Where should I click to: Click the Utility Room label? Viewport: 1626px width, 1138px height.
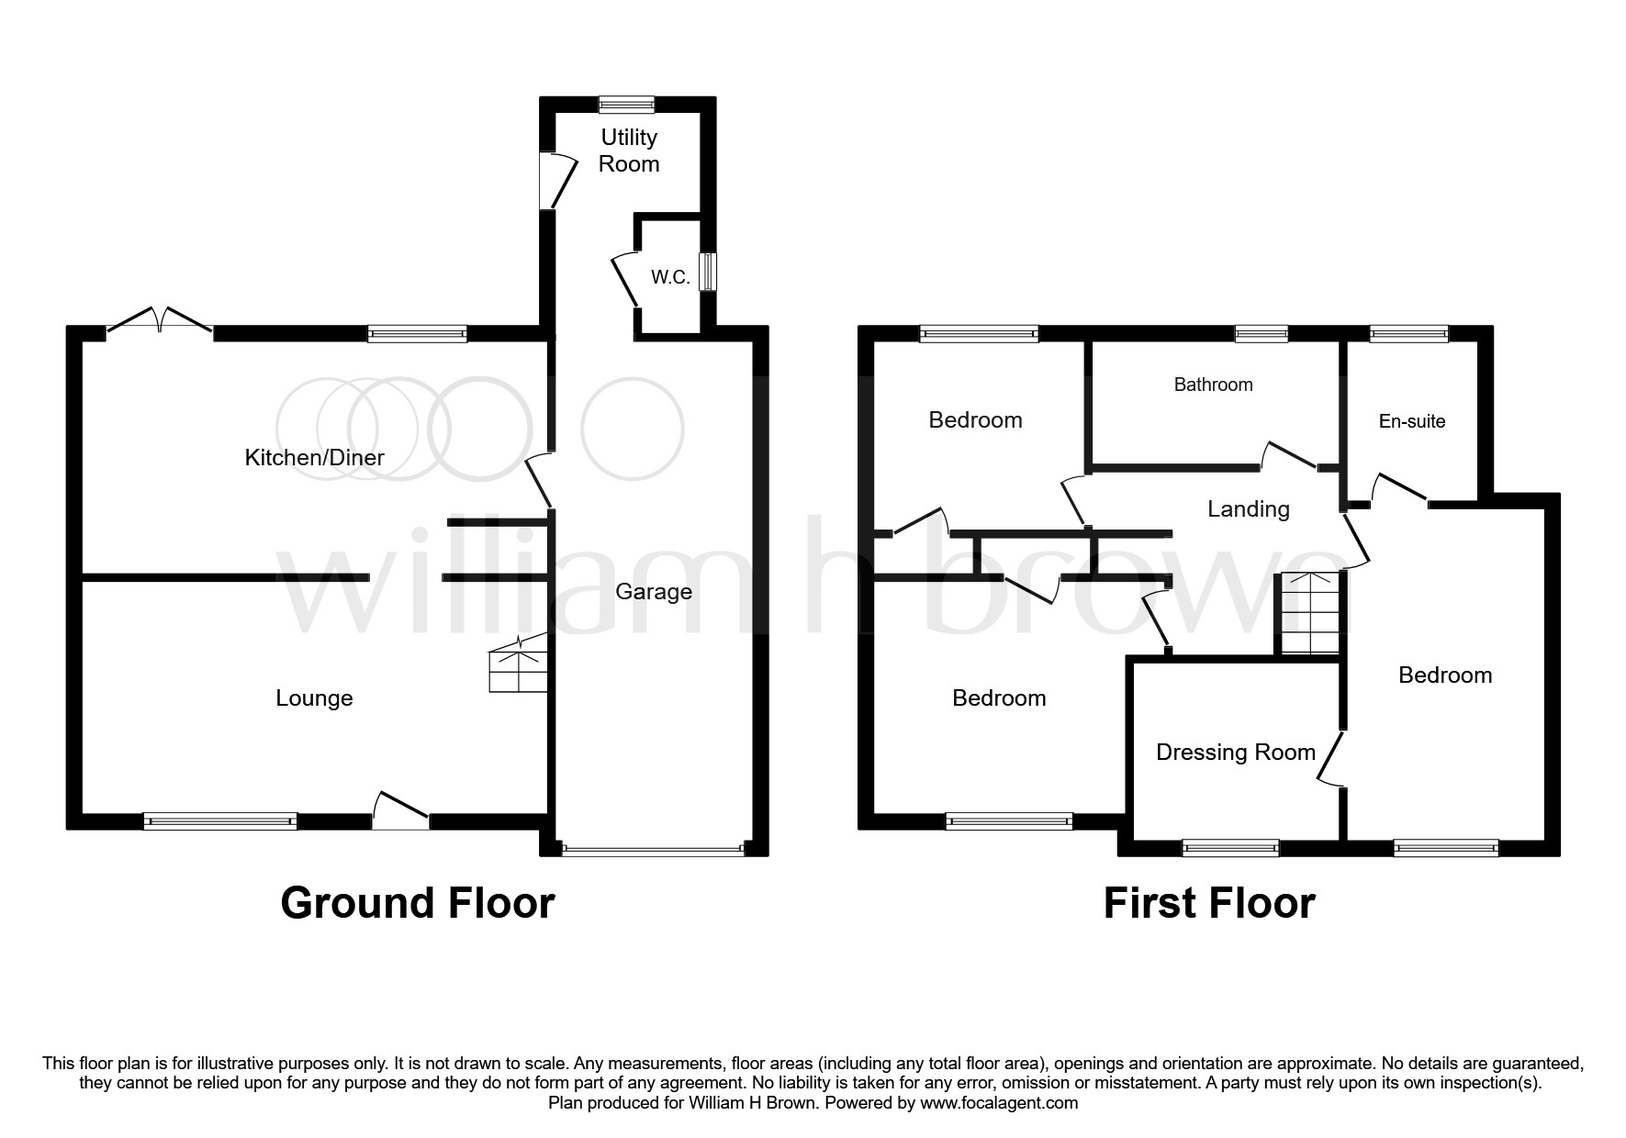tap(629, 151)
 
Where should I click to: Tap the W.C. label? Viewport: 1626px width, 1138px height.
tap(670, 277)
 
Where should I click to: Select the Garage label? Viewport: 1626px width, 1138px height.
tap(653, 592)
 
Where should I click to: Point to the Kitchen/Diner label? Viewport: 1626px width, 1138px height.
tap(314, 457)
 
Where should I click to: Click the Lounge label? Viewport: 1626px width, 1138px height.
tap(314, 698)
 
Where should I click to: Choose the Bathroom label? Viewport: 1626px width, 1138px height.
tap(1213, 385)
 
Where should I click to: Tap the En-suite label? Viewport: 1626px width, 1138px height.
tap(1412, 421)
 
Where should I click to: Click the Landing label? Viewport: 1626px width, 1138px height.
tap(1248, 509)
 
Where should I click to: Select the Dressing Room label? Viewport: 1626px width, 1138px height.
tap(1235, 753)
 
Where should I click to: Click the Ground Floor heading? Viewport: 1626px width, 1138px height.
tap(417, 903)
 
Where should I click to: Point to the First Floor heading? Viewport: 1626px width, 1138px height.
tap(1208, 903)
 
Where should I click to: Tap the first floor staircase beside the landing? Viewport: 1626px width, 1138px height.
tap(1310, 613)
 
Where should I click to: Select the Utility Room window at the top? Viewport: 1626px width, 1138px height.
tap(627, 105)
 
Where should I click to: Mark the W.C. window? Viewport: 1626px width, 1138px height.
tap(707, 273)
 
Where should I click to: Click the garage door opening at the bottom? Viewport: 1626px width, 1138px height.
tap(653, 850)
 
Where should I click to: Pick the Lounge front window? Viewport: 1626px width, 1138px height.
tap(220, 821)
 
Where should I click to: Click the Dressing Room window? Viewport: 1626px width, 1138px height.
tap(1229, 848)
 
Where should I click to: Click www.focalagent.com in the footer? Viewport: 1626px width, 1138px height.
tap(999, 1103)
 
